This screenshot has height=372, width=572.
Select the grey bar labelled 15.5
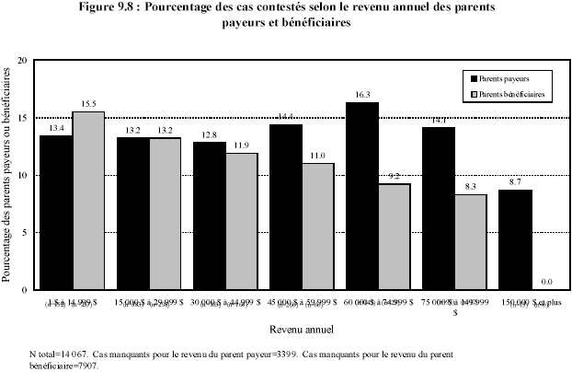[88, 200]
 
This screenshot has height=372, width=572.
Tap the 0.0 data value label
[548, 281]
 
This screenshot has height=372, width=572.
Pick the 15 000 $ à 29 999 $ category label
[149, 301]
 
